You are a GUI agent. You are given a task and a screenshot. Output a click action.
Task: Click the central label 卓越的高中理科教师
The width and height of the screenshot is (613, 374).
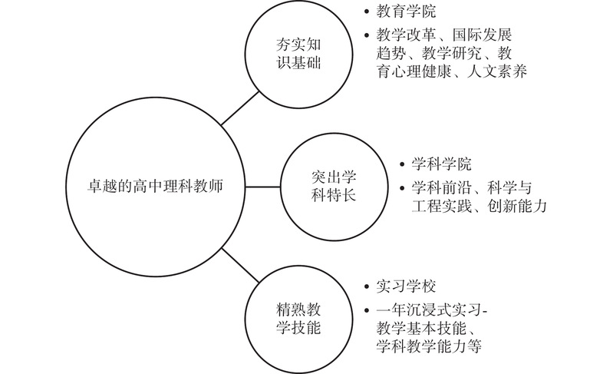pos(155,186)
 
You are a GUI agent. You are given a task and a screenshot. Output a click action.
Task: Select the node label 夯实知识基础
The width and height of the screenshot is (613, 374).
pos(298,54)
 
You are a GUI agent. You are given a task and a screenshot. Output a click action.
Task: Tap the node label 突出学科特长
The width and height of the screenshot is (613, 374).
pos(334,186)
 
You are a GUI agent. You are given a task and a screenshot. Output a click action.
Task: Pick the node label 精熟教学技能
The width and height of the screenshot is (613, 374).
pos(298,318)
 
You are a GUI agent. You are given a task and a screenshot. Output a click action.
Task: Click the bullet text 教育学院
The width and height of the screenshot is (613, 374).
pos(406,12)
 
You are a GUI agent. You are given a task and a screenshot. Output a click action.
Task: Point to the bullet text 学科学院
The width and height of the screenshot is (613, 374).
pos(441,164)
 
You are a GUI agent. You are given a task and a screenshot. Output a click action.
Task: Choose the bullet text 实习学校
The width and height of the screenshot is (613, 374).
pos(406,286)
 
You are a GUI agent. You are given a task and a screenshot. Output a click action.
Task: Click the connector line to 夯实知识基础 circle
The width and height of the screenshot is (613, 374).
pos(240,108)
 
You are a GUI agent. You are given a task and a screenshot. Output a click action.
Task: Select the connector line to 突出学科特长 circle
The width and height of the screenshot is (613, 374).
pos(263,187)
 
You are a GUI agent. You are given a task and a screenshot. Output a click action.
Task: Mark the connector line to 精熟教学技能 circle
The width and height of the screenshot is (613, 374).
pos(240,265)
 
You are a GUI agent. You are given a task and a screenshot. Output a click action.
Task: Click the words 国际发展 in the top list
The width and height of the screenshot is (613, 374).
pos(482,35)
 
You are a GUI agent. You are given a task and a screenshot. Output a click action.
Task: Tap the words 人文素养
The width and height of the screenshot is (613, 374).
pos(497,71)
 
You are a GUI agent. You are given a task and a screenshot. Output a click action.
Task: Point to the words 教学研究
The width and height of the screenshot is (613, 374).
pos(452,53)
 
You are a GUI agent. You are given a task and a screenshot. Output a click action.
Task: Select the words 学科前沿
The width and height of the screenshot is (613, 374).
pos(441,187)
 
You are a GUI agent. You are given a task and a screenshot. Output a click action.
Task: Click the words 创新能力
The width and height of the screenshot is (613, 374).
pos(517,206)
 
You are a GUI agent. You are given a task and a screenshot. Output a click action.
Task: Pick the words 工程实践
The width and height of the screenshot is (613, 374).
pos(441,206)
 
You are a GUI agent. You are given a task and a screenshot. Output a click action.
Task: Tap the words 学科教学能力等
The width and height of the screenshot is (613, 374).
pos(429,346)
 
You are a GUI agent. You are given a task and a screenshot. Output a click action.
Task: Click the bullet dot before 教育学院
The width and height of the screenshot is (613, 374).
pos(366,12)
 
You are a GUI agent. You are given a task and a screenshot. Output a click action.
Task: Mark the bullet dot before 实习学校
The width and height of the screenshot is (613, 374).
pos(366,286)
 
